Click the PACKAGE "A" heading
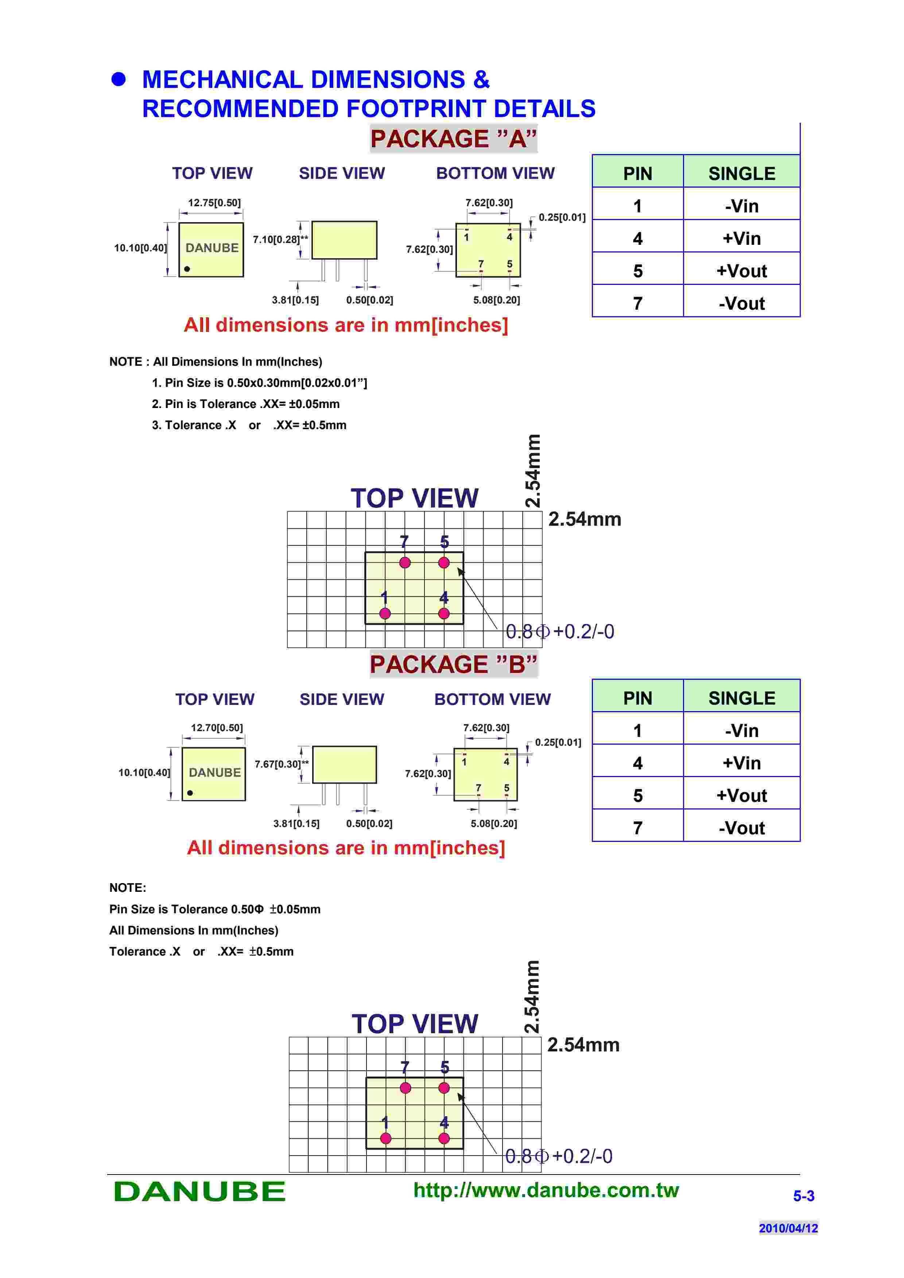click(x=453, y=138)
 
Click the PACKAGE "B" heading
click(x=453, y=664)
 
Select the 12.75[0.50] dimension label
click(x=214, y=203)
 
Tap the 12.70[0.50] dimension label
click(x=217, y=728)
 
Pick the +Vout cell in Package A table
click(x=741, y=271)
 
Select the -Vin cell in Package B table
click(x=741, y=730)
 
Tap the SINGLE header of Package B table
click(x=741, y=698)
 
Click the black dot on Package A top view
click(x=187, y=269)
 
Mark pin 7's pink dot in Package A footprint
click(x=405, y=563)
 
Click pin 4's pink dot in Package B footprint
click(x=444, y=1138)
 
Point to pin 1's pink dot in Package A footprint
click(x=385, y=613)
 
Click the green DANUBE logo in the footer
click(x=199, y=1192)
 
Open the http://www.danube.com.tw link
click(x=546, y=1190)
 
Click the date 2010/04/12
click(x=788, y=1228)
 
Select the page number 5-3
click(x=803, y=1196)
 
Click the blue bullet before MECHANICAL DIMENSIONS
click(x=119, y=79)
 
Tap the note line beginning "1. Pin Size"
click(x=260, y=383)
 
